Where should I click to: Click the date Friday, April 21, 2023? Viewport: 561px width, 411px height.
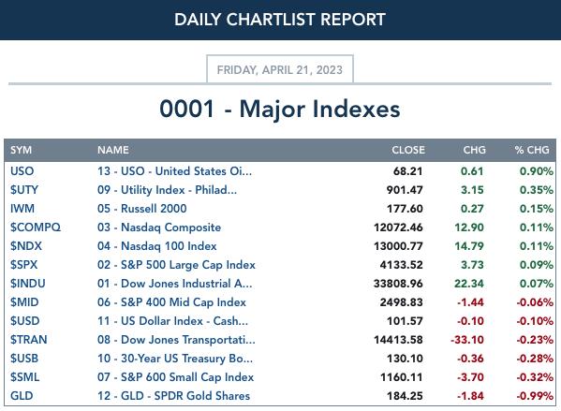pyautogui.click(x=280, y=70)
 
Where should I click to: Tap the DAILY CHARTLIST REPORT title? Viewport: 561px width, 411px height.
pyautogui.click(x=280, y=20)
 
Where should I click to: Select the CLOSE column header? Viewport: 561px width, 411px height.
pyautogui.click(x=408, y=150)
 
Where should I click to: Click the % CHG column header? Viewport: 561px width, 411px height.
pyautogui.click(x=532, y=150)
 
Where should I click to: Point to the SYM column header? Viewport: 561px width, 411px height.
pyautogui.click(x=22, y=150)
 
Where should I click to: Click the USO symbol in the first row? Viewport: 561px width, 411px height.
pyautogui.click(x=22, y=171)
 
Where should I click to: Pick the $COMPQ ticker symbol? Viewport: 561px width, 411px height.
pyautogui.click(x=36, y=228)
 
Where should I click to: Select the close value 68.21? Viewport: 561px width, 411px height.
pyautogui.click(x=407, y=171)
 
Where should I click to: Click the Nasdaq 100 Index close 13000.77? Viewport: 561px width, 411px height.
pyautogui.click(x=398, y=246)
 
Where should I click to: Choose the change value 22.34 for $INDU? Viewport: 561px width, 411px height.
pyautogui.click(x=469, y=284)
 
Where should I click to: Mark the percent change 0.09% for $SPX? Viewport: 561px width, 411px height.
pyautogui.click(x=537, y=265)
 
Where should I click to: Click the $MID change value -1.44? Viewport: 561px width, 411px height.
pyautogui.click(x=470, y=302)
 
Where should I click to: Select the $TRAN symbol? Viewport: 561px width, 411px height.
pyautogui.click(x=29, y=340)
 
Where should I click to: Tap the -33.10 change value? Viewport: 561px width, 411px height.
pyautogui.click(x=467, y=340)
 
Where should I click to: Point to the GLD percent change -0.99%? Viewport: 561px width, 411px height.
pyautogui.click(x=535, y=396)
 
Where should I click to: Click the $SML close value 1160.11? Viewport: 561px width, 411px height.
pyautogui.click(x=402, y=377)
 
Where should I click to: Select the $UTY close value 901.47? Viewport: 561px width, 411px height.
pyautogui.click(x=405, y=190)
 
